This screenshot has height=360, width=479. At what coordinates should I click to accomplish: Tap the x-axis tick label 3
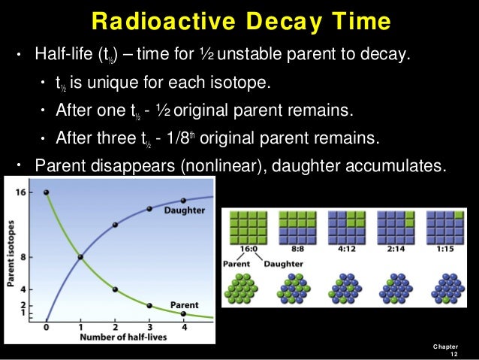point(149,328)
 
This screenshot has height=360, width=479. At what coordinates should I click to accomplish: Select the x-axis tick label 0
point(47,328)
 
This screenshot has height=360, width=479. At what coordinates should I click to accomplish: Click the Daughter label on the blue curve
point(184,210)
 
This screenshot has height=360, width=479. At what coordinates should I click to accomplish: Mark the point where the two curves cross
point(81,257)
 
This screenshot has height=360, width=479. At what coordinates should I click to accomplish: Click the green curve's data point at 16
point(47,193)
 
